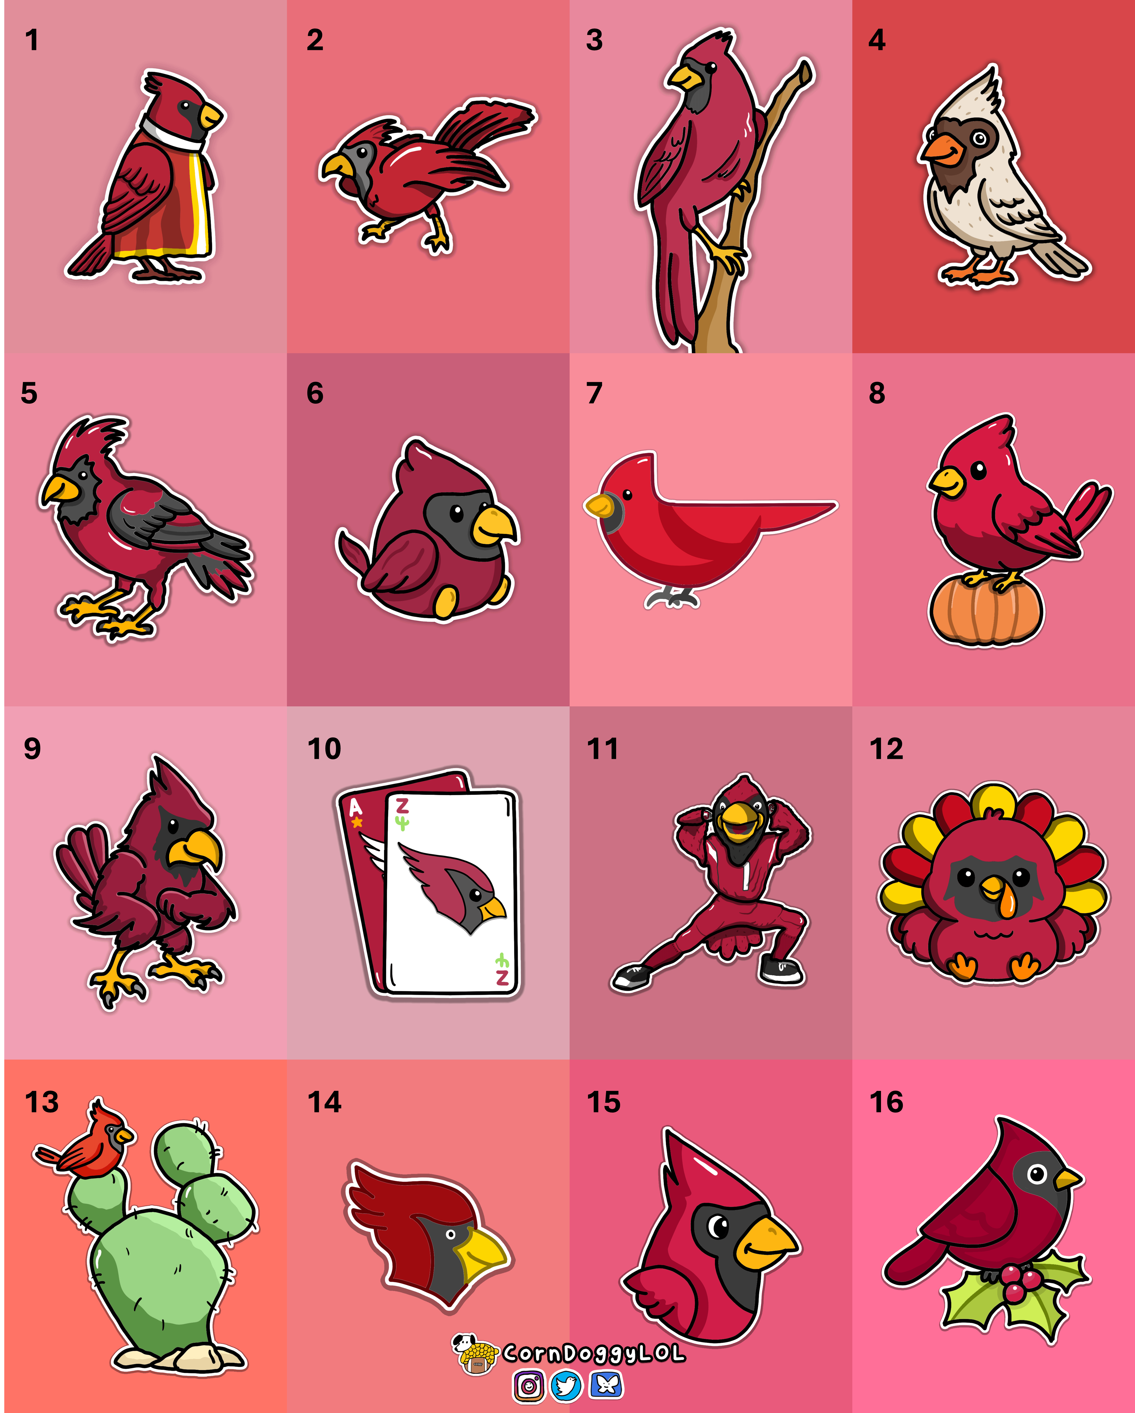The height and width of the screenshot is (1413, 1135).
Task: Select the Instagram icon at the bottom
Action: [x=528, y=1385]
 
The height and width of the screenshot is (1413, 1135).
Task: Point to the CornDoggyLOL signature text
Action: [x=594, y=1353]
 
